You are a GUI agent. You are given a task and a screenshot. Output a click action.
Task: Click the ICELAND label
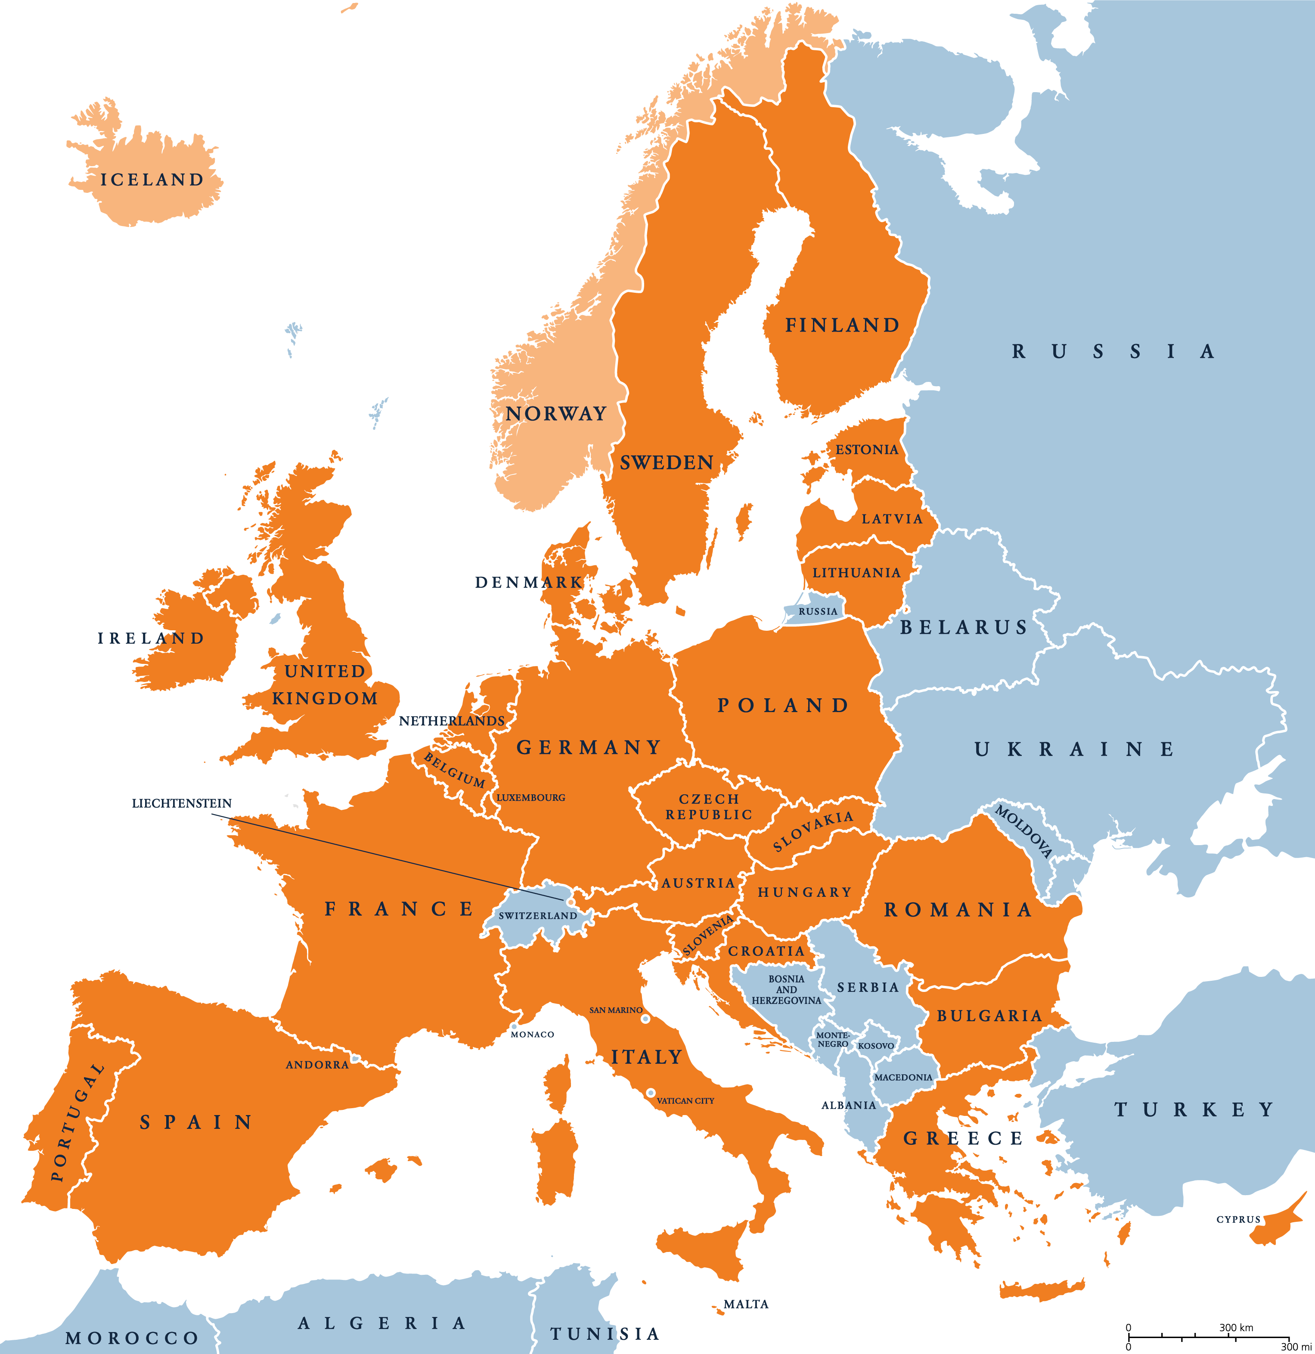click(152, 180)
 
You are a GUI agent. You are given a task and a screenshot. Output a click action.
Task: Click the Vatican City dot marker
click(650, 1093)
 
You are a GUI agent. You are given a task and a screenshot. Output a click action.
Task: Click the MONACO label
click(532, 1034)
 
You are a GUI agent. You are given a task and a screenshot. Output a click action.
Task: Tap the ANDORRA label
click(317, 1065)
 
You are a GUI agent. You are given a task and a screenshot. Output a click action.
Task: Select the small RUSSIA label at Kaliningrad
click(818, 611)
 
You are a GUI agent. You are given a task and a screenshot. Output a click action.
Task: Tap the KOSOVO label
click(875, 1046)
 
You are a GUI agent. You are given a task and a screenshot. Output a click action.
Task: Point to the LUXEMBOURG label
click(531, 797)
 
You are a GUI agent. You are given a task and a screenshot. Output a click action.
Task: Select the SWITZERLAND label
click(538, 915)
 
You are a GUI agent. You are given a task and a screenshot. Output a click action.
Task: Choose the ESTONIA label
click(866, 450)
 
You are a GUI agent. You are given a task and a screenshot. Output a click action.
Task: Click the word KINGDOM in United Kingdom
click(325, 698)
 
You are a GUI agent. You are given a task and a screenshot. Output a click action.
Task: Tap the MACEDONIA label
click(903, 1077)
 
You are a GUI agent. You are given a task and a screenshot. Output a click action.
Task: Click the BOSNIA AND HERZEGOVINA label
click(786, 989)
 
